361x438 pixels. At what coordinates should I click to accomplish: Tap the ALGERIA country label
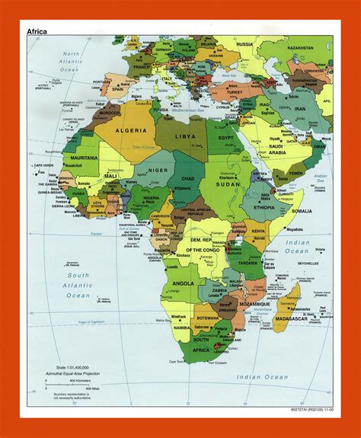point(131,131)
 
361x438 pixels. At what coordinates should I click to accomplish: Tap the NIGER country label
point(158,171)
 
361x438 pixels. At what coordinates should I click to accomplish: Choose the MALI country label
point(110,176)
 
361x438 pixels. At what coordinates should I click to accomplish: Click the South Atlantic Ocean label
point(77,284)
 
